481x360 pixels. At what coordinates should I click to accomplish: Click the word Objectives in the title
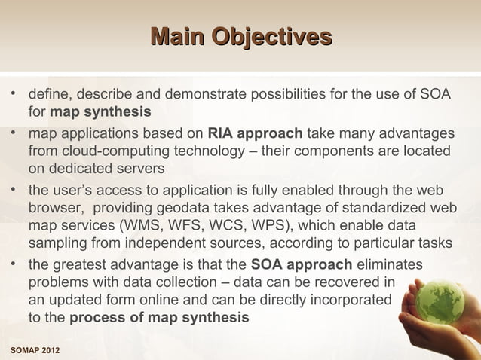point(271,36)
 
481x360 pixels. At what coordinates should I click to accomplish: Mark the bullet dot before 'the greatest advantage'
point(14,264)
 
